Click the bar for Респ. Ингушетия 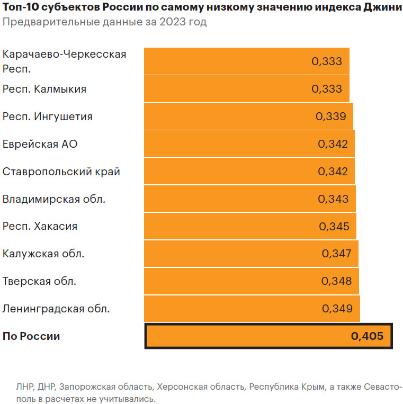point(248,116)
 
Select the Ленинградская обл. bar point(252,309)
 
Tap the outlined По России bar point(268,336)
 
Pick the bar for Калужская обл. point(251,254)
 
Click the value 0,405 point(366,336)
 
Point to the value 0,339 point(330,116)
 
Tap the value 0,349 point(337,309)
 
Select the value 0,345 point(334,227)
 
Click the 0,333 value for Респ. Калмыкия point(327,89)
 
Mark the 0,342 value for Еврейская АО point(333,144)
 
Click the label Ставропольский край point(61,172)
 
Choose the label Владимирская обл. point(54,199)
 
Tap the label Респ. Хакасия point(40,226)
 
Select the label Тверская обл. point(39,281)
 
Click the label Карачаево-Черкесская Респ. point(64,61)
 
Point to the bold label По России point(31,336)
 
